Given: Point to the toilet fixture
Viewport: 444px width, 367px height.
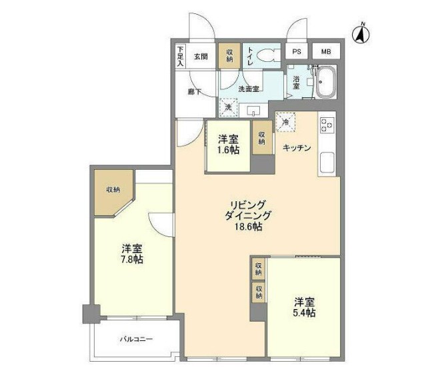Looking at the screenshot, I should (266, 57).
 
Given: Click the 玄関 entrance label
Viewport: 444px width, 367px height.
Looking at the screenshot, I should (201, 56).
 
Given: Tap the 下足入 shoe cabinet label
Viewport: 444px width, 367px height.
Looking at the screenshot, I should (180, 56).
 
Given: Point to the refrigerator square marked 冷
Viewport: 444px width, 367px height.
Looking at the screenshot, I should (285, 122).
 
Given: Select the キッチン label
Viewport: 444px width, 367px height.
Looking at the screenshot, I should (297, 148).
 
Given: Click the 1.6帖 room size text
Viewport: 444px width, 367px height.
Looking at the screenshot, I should (228, 151).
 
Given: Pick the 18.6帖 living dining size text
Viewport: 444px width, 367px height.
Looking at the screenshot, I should (249, 227).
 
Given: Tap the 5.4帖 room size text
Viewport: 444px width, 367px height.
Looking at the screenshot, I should (304, 312).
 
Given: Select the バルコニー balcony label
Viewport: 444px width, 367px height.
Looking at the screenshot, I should (136, 339).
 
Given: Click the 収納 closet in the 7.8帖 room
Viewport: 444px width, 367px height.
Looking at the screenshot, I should (113, 190).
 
